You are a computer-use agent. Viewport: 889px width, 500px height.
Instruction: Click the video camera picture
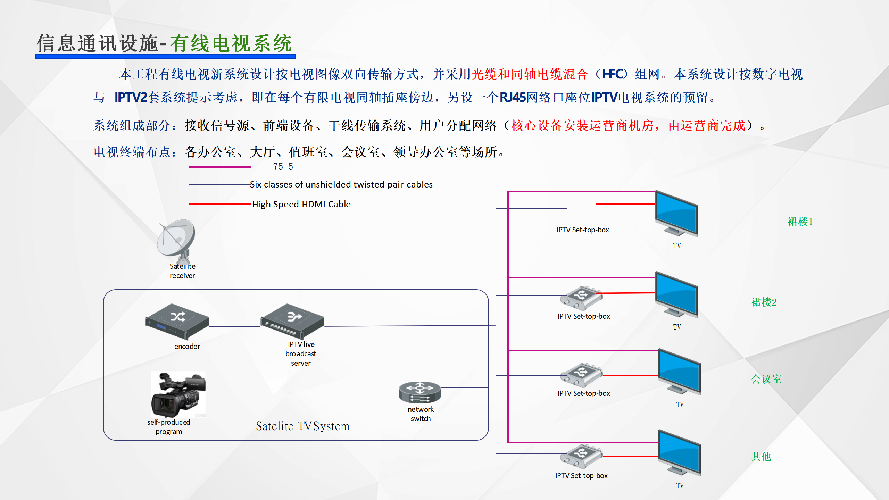(x=178, y=394)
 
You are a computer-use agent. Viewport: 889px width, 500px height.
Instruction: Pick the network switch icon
(x=419, y=392)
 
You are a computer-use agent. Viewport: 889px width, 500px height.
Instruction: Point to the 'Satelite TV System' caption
(x=302, y=426)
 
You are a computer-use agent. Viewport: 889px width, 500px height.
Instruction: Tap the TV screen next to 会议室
(x=680, y=371)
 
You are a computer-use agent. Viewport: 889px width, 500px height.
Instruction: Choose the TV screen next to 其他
(x=680, y=452)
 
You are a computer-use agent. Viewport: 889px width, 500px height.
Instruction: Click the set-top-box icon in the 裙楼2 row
(x=581, y=298)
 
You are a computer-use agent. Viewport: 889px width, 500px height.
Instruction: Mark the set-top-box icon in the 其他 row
(x=581, y=456)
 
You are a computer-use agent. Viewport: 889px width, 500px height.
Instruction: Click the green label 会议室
(x=766, y=379)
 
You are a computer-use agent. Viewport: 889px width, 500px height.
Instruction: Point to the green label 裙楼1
(x=800, y=222)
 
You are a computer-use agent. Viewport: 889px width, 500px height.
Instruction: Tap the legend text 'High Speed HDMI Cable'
(x=301, y=204)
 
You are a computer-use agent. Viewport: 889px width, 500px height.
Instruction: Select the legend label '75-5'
(x=283, y=167)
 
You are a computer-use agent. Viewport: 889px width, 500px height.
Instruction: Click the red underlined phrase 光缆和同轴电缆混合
(x=530, y=74)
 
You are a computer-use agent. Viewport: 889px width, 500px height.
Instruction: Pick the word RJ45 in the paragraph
(x=513, y=98)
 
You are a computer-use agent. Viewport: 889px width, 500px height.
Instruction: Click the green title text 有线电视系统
(x=231, y=44)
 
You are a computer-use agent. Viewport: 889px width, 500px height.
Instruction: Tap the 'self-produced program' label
(x=169, y=427)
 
